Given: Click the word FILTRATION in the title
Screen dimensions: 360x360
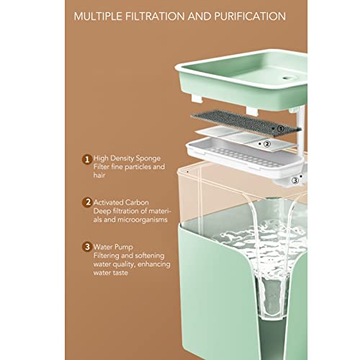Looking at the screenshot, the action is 156,17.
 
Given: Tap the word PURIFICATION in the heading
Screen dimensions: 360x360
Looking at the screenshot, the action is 250,17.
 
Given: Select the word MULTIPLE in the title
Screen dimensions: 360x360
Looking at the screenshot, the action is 98,17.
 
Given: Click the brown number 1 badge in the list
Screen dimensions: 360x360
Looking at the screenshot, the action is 87,159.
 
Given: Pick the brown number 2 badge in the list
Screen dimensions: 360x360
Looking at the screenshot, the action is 87,202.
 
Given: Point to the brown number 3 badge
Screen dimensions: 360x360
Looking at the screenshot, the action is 87,247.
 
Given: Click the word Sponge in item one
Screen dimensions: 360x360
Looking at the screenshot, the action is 148,159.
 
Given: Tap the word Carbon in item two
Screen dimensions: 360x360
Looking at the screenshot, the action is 137,202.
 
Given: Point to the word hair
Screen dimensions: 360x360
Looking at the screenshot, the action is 99,175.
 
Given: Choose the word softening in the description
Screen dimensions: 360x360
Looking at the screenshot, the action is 150,256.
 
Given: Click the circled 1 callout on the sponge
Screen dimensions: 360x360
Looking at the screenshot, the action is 281,129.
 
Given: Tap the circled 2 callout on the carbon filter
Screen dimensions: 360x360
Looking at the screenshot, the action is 267,144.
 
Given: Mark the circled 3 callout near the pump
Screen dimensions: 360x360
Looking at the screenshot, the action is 295,181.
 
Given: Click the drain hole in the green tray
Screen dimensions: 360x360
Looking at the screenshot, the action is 287,78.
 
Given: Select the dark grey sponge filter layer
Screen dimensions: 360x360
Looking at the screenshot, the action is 246,122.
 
